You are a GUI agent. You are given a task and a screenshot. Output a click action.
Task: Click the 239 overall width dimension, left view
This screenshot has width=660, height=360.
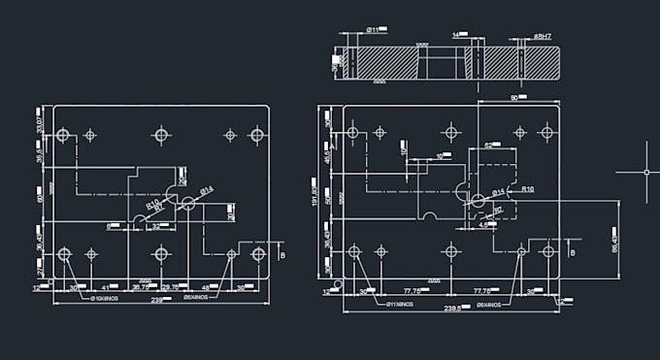click(158, 300)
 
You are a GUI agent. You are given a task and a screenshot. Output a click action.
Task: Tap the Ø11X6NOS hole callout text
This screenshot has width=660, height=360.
click(400, 305)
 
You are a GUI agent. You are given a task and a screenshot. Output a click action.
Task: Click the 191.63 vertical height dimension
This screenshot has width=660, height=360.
click(315, 190)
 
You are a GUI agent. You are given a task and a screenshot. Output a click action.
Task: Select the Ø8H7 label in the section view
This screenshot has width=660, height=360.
click(544, 36)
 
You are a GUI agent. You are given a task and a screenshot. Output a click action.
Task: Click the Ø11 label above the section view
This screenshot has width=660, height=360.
click(373, 31)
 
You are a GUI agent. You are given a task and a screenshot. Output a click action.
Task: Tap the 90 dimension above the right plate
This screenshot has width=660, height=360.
click(514, 98)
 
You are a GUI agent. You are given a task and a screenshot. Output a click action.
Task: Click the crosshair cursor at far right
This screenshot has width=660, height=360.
click(646, 172)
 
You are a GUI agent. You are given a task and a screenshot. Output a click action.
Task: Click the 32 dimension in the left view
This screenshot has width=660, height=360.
click(157, 226)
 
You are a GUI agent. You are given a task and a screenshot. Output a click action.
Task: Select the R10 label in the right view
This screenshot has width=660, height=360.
click(527, 188)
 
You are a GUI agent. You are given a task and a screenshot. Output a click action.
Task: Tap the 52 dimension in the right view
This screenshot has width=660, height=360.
click(490, 145)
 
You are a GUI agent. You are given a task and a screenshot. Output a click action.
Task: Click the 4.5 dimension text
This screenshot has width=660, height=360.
click(484, 224)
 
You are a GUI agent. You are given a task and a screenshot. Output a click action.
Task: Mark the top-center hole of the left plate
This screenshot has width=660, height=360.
click(161, 135)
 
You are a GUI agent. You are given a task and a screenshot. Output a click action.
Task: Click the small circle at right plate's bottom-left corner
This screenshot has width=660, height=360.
click(337, 285)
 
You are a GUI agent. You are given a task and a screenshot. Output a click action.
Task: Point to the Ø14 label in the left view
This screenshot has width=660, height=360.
click(207, 189)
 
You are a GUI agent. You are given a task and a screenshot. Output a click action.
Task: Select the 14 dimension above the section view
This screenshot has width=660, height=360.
click(456, 35)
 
